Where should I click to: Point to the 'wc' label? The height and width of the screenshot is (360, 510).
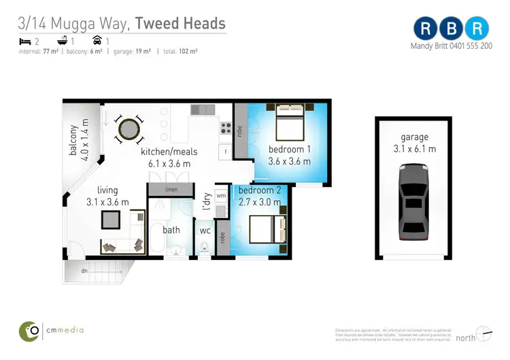[205, 230]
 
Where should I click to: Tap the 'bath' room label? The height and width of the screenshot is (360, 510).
[171, 230]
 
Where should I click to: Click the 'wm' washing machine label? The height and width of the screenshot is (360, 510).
[221, 196]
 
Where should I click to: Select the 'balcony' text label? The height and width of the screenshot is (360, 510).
[73, 140]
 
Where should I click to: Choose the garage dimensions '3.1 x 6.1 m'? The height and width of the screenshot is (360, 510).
[414, 148]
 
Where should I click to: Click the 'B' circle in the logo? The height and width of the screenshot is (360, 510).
[452, 29]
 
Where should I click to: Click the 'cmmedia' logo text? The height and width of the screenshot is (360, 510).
[66, 330]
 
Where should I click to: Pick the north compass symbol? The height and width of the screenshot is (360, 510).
[483, 333]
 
